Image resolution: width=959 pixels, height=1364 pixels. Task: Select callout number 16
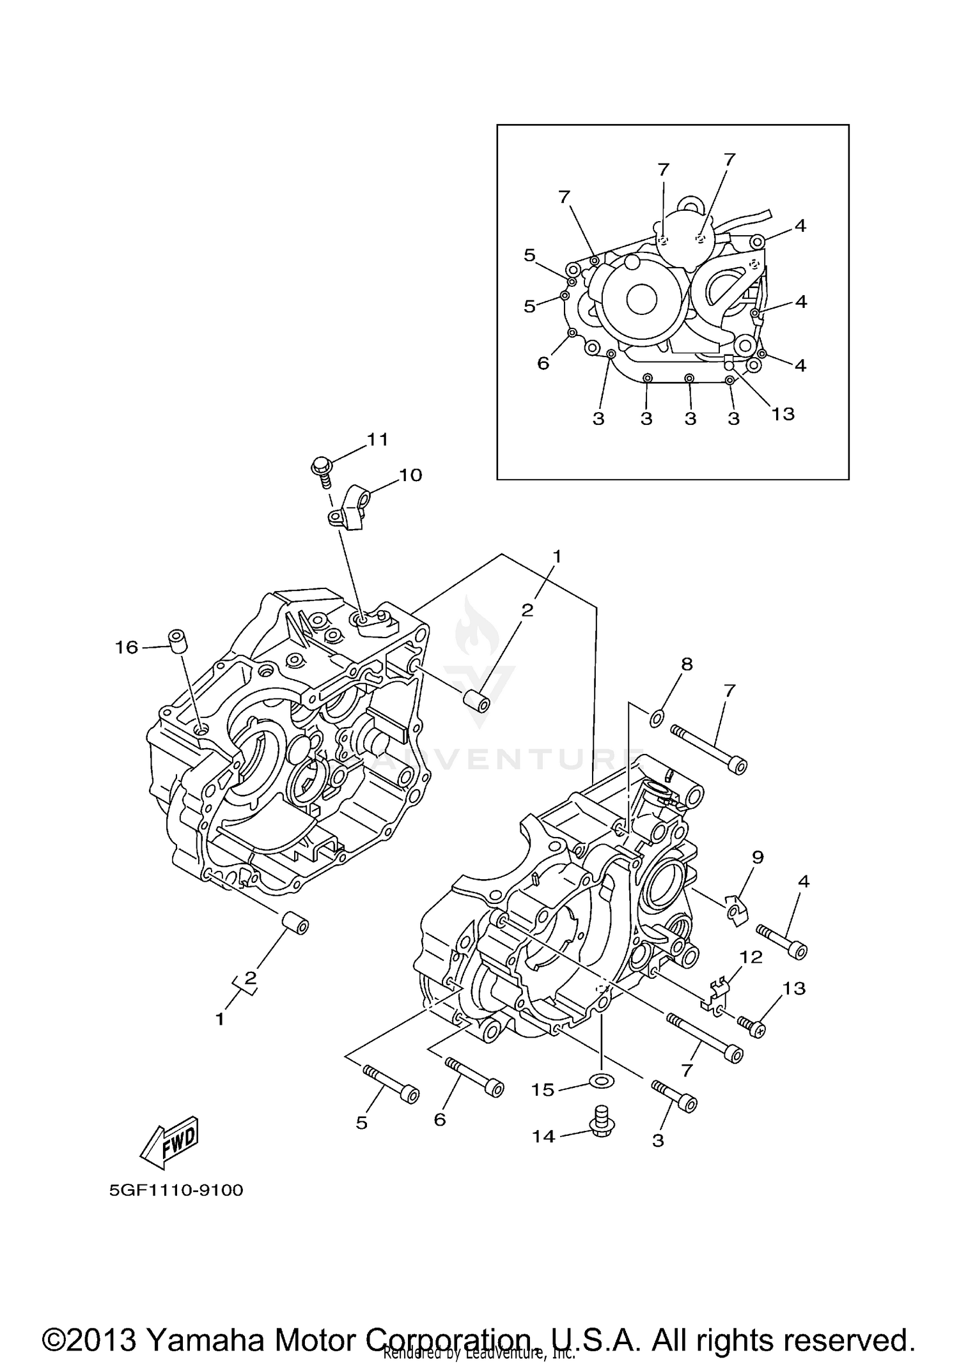(x=126, y=648)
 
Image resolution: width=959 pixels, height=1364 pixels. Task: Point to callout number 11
(x=377, y=440)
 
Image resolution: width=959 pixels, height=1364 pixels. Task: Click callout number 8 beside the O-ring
(x=687, y=664)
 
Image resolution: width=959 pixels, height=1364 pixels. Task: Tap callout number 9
(x=758, y=857)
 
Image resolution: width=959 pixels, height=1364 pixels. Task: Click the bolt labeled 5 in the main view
(x=391, y=1084)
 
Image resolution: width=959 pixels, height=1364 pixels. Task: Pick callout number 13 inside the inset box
(x=783, y=414)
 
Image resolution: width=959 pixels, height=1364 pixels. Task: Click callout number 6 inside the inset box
(x=543, y=363)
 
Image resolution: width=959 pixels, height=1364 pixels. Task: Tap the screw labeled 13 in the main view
(x=752, y=1027)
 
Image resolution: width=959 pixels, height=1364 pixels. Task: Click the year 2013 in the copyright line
(x=104, y=1322)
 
